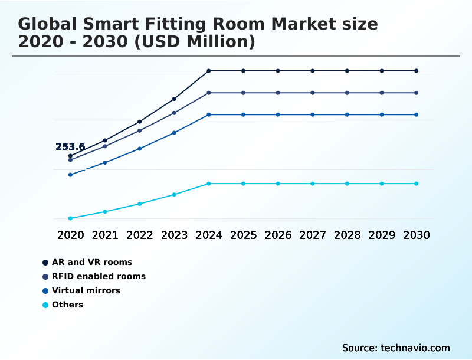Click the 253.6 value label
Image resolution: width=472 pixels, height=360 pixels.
tap(70, 147)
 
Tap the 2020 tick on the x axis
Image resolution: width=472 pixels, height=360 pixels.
tap(70, 235)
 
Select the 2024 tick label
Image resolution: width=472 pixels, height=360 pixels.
tap(209, 235)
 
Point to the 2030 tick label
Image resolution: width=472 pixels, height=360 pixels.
tap(417, 235)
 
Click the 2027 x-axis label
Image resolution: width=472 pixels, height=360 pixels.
tap(313, 235)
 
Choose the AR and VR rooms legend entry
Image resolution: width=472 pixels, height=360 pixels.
tap(91, 262)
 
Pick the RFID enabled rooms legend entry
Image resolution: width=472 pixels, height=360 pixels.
tap(99, 276)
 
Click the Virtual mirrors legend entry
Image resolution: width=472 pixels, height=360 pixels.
tap(86, 290)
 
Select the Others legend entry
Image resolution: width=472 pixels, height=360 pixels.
tap(67, 305)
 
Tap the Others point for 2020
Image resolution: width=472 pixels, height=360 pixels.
tap(70, 218)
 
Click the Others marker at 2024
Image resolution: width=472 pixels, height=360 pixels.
tap(209, 184)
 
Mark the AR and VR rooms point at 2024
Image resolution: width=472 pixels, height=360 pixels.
tap(209, 71)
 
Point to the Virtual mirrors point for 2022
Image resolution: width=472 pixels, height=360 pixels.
tap(140, 149)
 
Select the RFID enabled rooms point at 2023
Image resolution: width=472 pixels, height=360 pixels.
tap(174, 113)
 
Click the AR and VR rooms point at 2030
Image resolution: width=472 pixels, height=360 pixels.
tap(417, 71)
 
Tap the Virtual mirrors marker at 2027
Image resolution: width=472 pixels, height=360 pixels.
tap(313, 114)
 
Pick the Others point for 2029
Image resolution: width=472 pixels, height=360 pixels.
tap(382, 184)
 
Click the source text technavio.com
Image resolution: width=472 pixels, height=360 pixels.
tap(415, 348)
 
